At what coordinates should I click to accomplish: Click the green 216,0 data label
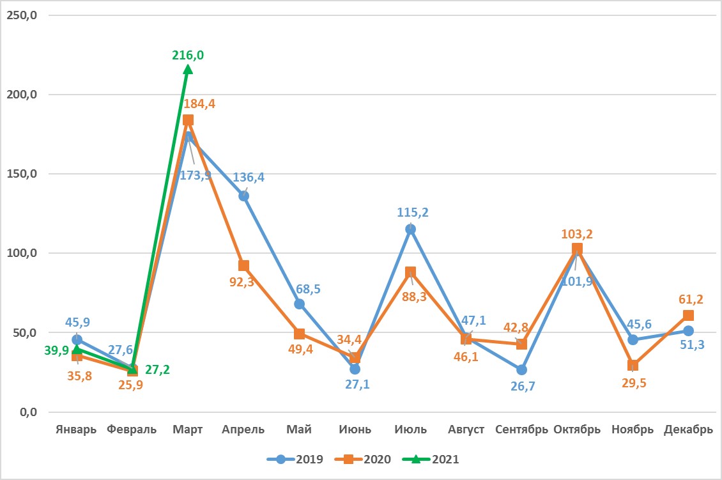click(x=188, y=56)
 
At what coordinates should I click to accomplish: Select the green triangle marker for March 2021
click(x=188, y=69)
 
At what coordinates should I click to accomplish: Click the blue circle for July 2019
click(x=411, y=229)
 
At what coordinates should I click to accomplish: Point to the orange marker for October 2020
click(x=577, y=249)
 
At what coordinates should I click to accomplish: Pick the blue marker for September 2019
click(x=521, y=369)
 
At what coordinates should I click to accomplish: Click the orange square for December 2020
click(x=688, y=315)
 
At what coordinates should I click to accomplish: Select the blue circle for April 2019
click(x=243, y=196)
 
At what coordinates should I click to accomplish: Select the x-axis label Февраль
click(x=132, y=430)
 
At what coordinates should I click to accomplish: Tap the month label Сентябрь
click(x=521, y=430)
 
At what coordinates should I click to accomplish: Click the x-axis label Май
click(x=299, y=430)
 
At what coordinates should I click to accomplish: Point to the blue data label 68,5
click(x=307, y=289)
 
